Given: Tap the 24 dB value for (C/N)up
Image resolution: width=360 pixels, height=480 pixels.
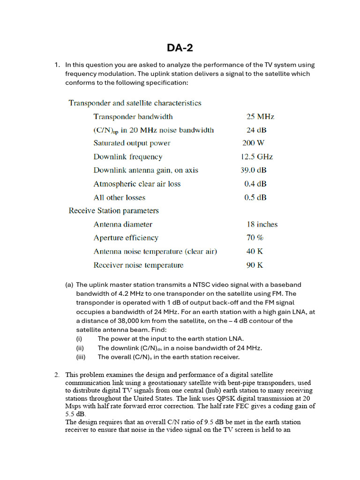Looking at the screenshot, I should click(256, 130).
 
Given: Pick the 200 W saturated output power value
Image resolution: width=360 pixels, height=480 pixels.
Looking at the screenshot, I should click(253, 143).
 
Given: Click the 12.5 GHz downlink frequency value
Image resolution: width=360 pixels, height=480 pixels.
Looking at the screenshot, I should click(256, 157).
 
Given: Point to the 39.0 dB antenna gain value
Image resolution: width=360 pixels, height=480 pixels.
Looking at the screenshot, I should click(254, 171).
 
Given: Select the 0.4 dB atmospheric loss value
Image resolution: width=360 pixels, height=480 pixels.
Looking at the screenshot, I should click(255, 184).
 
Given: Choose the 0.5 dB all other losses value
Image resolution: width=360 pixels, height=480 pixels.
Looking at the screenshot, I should click(255, 198).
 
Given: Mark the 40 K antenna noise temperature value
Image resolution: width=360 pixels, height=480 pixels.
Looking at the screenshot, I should click(255, 252).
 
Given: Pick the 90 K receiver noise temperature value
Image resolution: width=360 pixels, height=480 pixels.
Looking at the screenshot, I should click(255, 265).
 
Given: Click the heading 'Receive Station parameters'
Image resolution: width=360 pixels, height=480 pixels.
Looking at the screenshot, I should click(113, 211).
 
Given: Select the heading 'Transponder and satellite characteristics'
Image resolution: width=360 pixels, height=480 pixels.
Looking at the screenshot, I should click(135, 103).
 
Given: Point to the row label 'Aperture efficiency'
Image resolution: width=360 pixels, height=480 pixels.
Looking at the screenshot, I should click(126, 238).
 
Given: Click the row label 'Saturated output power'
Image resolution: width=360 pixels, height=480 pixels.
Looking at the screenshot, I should click(132, 143).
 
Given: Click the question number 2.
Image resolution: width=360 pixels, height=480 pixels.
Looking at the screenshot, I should click(57, 375).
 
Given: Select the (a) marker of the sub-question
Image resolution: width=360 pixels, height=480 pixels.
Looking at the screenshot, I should click(69, 285).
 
